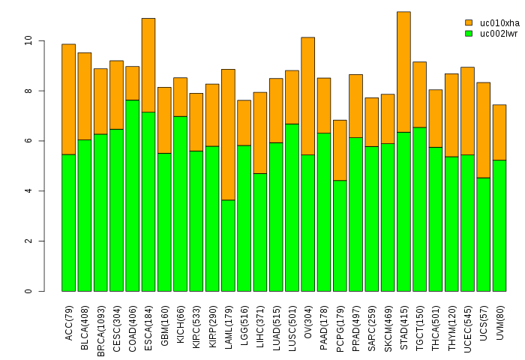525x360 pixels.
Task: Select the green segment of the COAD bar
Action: coord(132,195)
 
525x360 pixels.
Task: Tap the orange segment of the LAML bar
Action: coord(228,134)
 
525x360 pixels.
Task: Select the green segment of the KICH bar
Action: coord(180,203)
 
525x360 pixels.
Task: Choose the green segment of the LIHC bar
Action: coord(259,232)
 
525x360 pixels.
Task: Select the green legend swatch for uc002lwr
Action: coord(469,33)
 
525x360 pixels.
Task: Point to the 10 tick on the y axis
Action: coord(42,40)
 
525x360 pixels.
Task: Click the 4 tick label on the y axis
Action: coord(28,191)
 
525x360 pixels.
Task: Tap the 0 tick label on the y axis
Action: coord(28,291)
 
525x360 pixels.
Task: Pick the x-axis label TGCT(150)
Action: coord(420,321)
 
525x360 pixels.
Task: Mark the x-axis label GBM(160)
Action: coord(164,322)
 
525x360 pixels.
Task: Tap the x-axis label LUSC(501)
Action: coord(292,321)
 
